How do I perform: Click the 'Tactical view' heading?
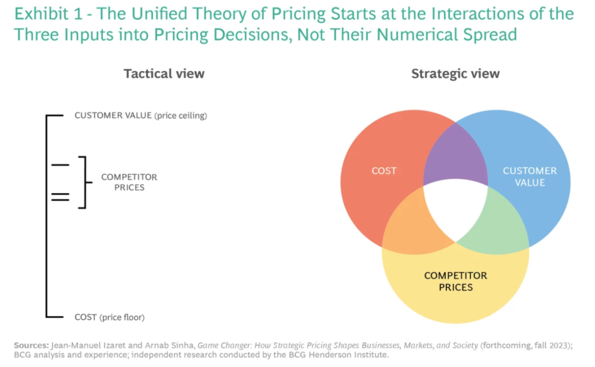[x=164, y=74]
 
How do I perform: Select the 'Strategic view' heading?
[x=455, y=74]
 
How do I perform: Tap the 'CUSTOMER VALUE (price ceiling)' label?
[x=140, y=115]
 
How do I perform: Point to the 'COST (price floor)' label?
[x=110, y=317]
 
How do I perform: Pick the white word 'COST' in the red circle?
[x=384, y=171]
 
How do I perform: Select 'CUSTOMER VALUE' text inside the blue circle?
[x=530, y=176]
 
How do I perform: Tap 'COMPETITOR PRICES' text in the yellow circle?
[x=455, y=281]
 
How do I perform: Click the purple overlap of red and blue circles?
[x=455, y=154]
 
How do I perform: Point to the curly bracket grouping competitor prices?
[x=84, y=182]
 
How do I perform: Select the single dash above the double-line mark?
[x=60, y=164]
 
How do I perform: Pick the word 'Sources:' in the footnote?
[x=31, y=345]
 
